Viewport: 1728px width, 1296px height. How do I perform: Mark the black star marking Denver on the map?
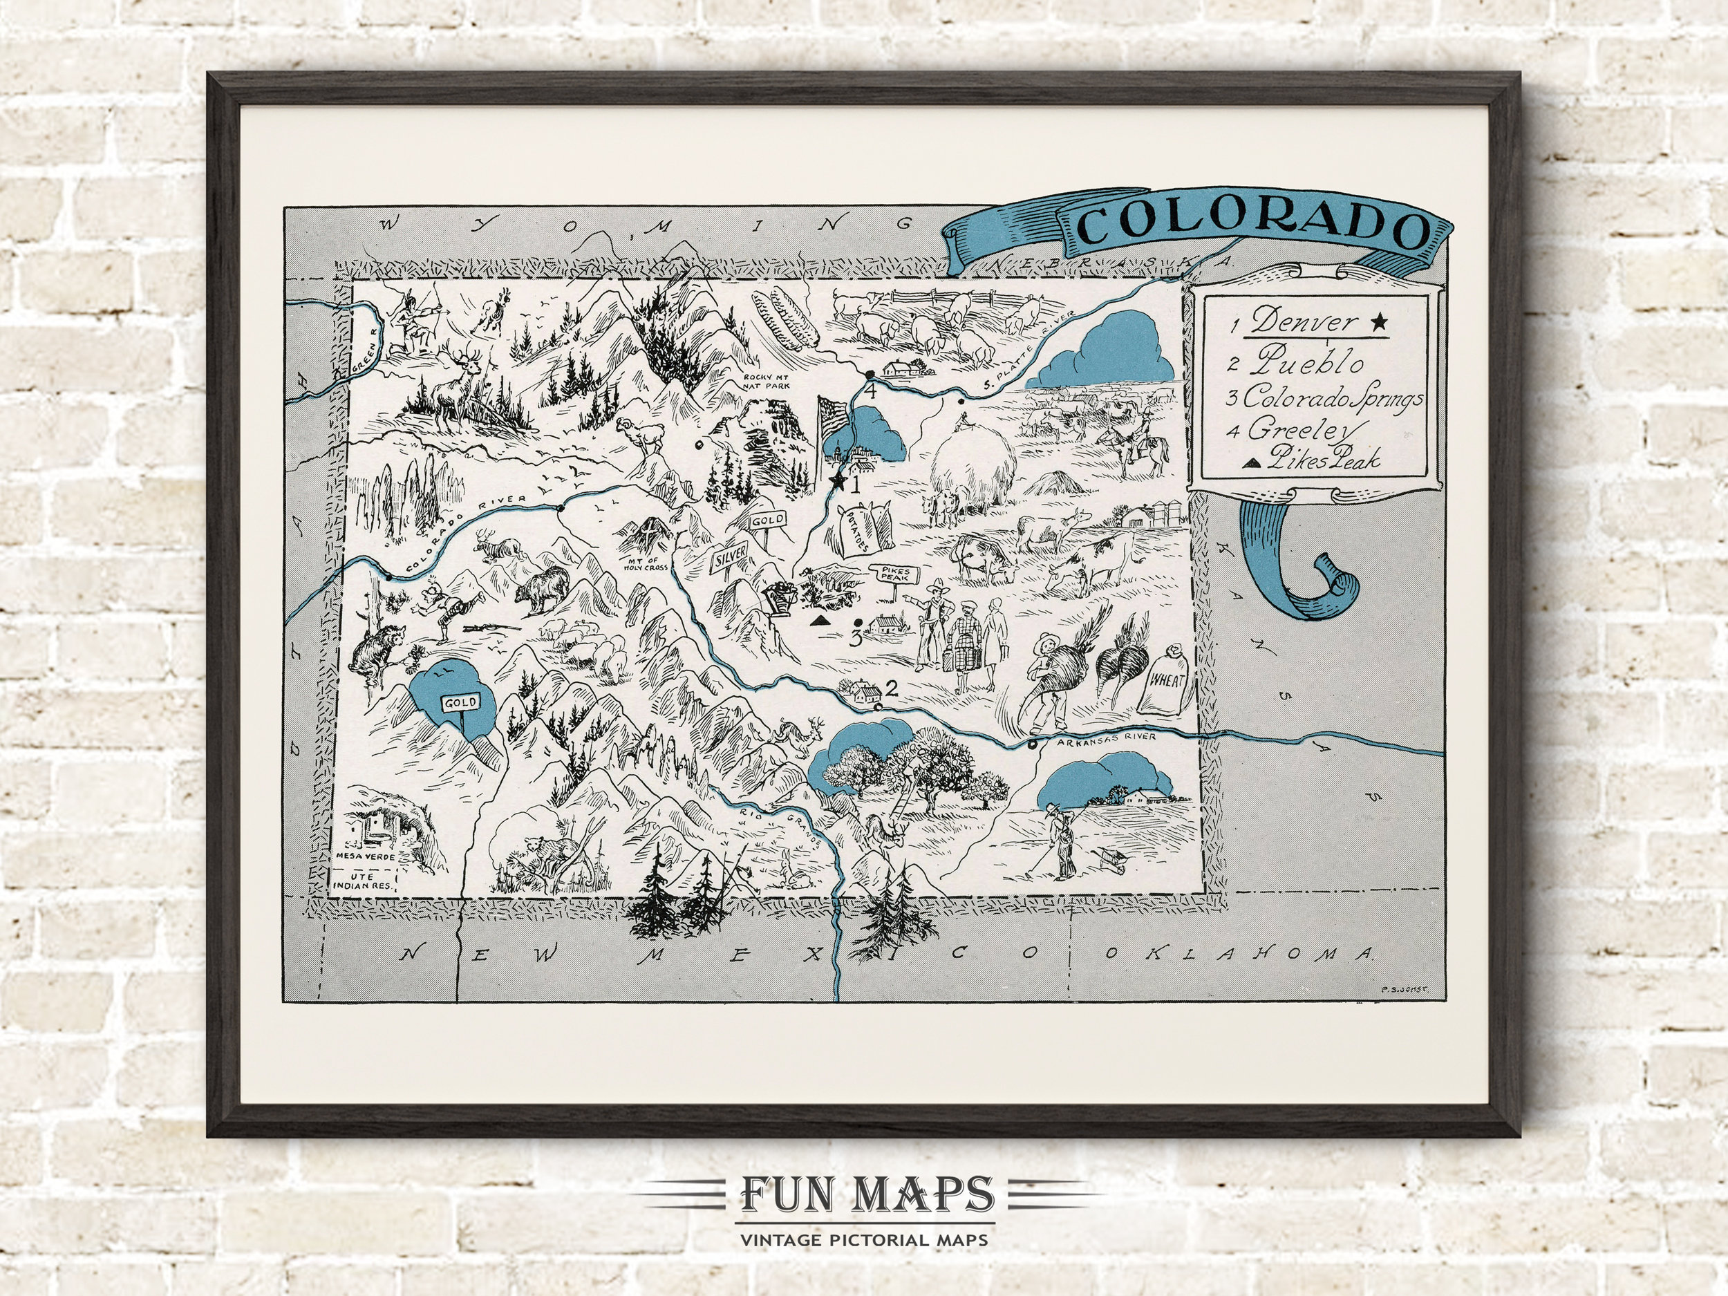[x=838, y=482]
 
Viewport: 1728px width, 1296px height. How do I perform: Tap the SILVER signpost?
[x=729, y=559]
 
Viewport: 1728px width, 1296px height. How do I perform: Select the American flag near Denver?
[x=833, y=417]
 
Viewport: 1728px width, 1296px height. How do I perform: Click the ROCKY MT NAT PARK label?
[x=767, y=380]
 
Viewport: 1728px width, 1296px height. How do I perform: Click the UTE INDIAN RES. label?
[x=364, y=881]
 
